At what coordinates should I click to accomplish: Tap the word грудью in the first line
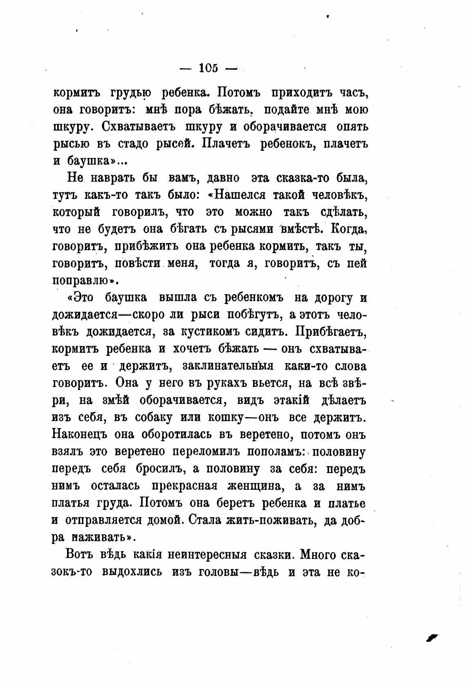click(x=130, y=93)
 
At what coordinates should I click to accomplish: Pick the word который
click(x=76, y=213)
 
